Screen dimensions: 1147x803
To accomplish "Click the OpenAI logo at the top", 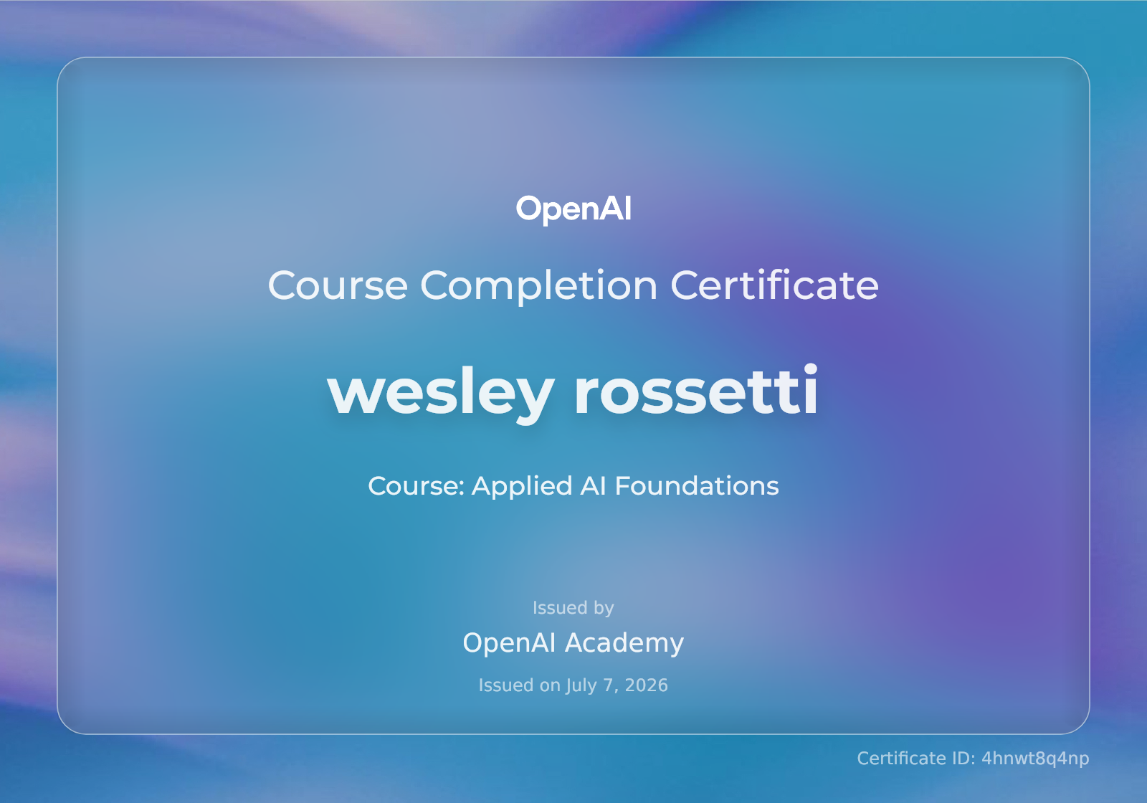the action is point(573,209).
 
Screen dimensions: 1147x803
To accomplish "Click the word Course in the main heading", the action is point(338,285).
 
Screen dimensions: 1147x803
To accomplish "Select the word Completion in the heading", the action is point(538,287).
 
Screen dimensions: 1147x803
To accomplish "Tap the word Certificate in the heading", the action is point(775,284).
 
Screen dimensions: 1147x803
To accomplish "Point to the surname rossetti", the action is point(696,389).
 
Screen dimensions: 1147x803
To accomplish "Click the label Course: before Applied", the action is point(417,486).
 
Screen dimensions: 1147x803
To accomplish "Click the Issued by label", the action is point(573,608).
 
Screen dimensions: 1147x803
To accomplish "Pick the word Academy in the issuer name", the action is point(624,643).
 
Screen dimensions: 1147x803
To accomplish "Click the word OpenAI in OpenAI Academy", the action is point(509,642).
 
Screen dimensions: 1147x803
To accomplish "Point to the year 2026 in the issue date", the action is point(646,685).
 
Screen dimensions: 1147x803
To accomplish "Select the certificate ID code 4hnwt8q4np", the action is point(1035,759).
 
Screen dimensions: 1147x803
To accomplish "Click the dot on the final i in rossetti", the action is point(810,369).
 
